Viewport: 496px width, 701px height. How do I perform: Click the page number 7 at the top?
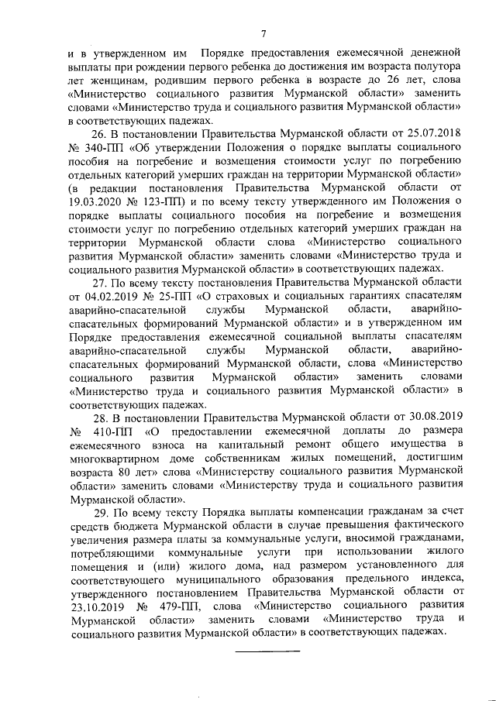coord(263,33)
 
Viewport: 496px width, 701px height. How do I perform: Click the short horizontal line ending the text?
coord(267,649)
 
